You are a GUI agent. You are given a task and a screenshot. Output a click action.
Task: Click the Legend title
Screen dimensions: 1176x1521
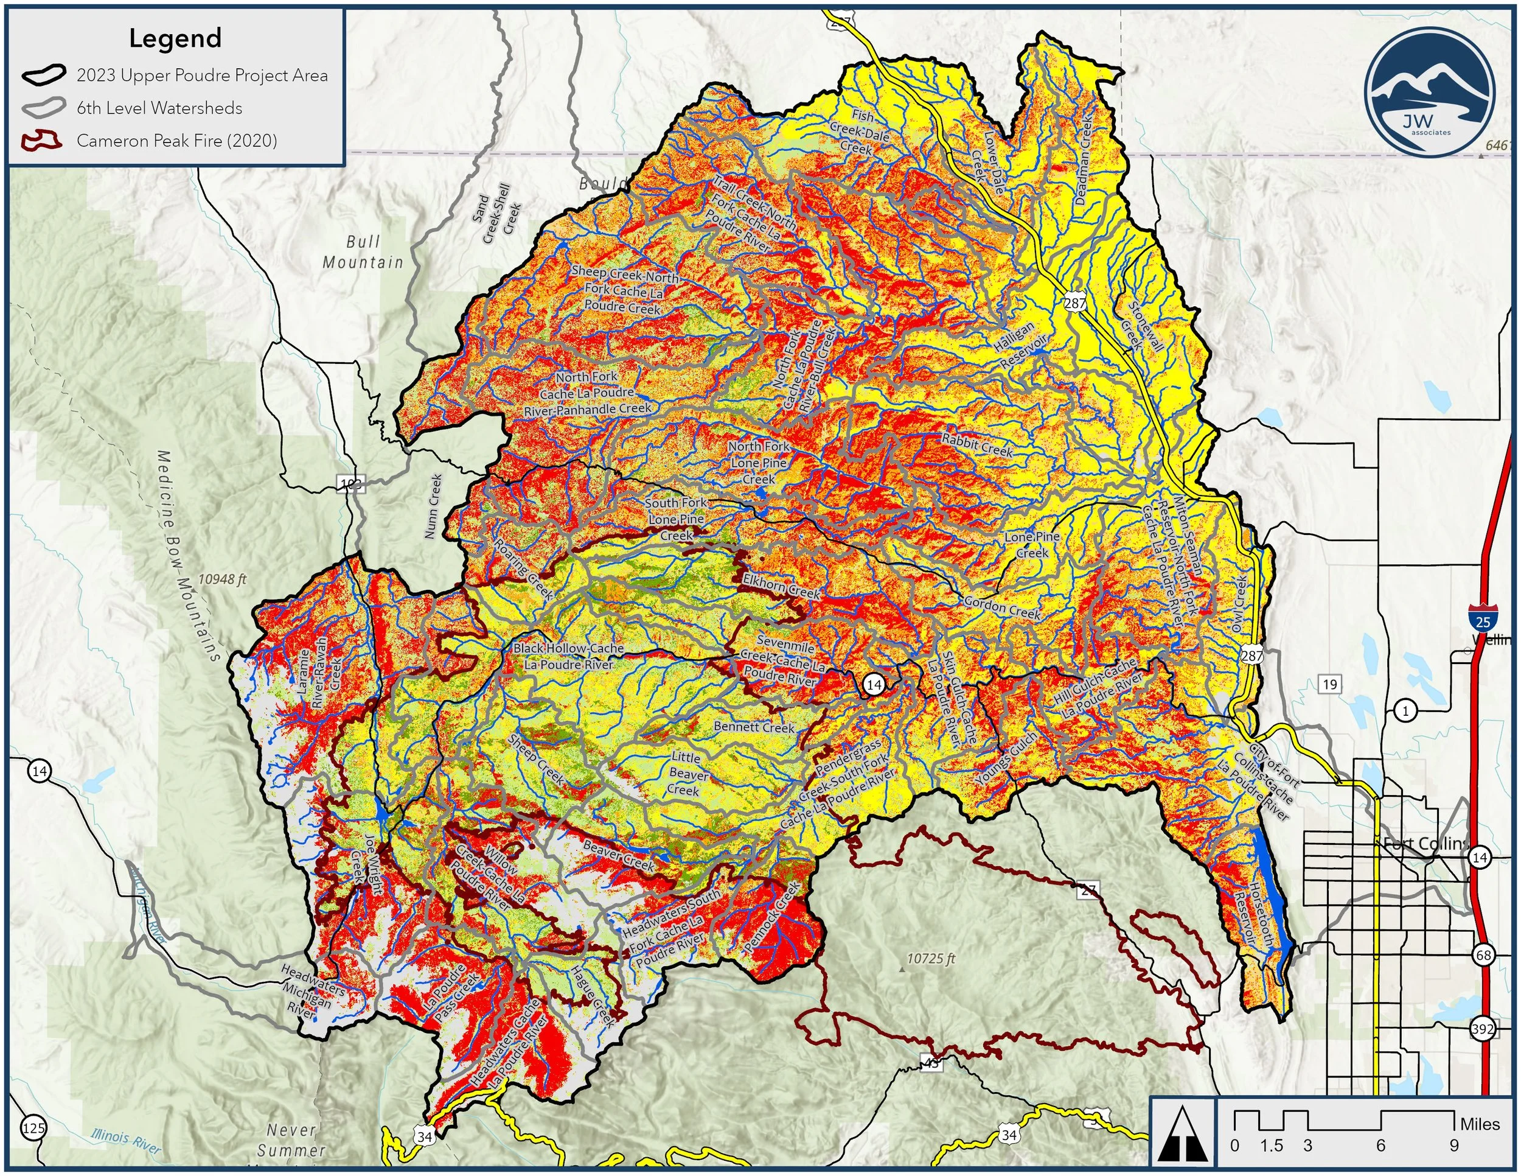click(x=175, y=38)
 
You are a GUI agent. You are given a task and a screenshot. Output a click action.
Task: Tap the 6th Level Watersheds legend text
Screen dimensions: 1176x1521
click(x=159, y=108)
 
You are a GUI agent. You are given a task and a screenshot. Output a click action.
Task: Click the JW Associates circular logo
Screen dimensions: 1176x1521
click(x=1430, y=93)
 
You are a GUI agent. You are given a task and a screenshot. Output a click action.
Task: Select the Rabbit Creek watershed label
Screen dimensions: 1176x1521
click(x=976, y=446)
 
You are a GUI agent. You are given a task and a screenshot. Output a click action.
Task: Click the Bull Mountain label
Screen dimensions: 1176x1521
click(x=363, y=252)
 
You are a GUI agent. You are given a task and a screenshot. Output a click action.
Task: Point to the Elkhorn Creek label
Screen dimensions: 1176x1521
click(x=781, y=586)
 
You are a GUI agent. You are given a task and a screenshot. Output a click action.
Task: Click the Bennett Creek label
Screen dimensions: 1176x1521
click(x=754, y=727)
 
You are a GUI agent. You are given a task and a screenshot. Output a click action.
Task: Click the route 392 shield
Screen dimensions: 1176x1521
click(x=1483, y=1028)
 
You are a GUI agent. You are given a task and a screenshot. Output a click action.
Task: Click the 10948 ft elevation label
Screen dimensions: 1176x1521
click(x=222, y=579)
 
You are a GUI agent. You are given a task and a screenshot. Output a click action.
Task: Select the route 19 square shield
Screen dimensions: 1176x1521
click(x=1329, y=684)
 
